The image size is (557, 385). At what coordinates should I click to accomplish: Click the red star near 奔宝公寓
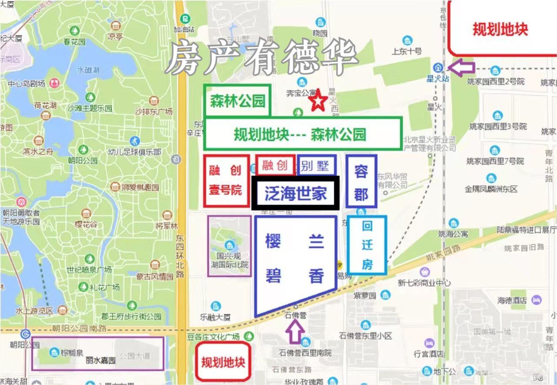point(318,101)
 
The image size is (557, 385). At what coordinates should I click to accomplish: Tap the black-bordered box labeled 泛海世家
point(295,193)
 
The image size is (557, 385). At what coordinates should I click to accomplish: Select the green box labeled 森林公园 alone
point(237,101)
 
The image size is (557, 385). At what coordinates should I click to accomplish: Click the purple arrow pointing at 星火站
point(461,68)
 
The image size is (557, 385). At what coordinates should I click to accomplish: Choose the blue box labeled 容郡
point(361,181)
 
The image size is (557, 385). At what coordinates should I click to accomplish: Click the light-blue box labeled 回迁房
point(367,245)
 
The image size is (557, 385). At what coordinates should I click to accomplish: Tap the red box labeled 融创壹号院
point(226,181)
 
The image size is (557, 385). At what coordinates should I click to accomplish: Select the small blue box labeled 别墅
point(317,165)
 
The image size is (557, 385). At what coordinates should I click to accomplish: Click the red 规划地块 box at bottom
point(223,361)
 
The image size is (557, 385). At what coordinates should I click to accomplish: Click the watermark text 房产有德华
point(261,57)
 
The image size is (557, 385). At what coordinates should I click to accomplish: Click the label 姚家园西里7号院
point(495,161)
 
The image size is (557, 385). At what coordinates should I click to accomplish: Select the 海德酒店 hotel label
point(512,300)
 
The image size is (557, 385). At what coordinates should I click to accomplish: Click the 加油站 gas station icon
point(186,19)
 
